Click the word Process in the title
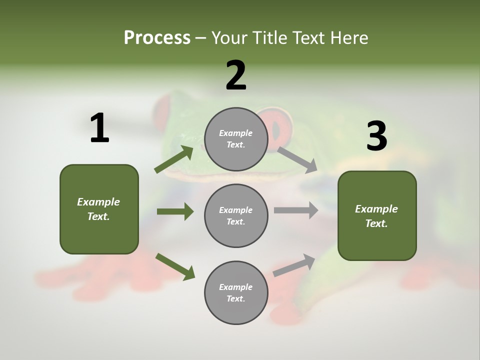pos(157,38)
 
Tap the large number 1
pos(99,128)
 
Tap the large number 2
pos(236,75)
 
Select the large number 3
pos(376,136)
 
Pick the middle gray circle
pos(236,216)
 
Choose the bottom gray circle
pos(236,293)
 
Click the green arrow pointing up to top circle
pos(174,159)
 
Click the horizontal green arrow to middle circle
pos(175,211)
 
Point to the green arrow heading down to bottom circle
pos(175,266)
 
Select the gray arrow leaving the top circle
pos(297,159)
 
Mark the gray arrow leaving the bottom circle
pos(294,265)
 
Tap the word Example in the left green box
pos(98,202)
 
